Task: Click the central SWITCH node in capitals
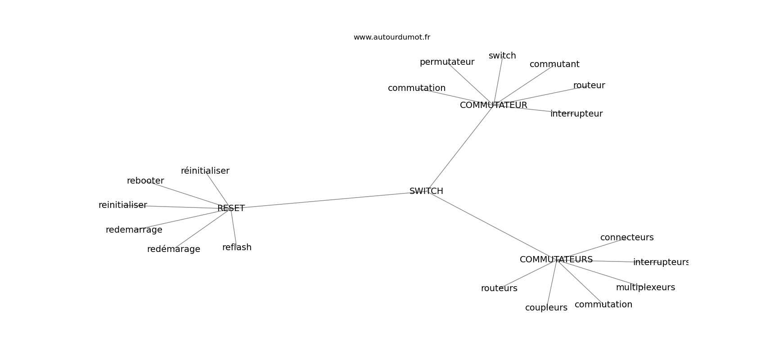[x=426, y=191]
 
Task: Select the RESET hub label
[x=231, y=208]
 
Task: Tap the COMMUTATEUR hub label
[x=494, y=105]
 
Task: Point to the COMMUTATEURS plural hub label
[x=556, y=260]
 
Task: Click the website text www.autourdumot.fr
[x=391, y=37]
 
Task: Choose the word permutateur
[x=447, y=62]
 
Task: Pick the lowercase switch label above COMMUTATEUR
[x=502, y=56]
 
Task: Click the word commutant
[x=554, y=64]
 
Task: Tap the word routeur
[x=589, y=85]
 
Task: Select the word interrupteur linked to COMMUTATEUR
[x=576, y=114]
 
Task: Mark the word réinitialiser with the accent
[x=205, y=171]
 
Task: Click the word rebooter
[x=145, y=181]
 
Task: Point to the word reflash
[x=237, y=247]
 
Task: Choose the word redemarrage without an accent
[x=134, y=230]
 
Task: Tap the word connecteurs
[x=627, y=238]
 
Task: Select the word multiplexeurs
[x=645, y=288]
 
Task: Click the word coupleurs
[x=546, y=308]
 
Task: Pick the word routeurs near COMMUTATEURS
[x=499, y=288]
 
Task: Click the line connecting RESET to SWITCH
[x=327, y=200]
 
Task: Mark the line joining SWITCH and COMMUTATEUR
[x=460, y=148]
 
